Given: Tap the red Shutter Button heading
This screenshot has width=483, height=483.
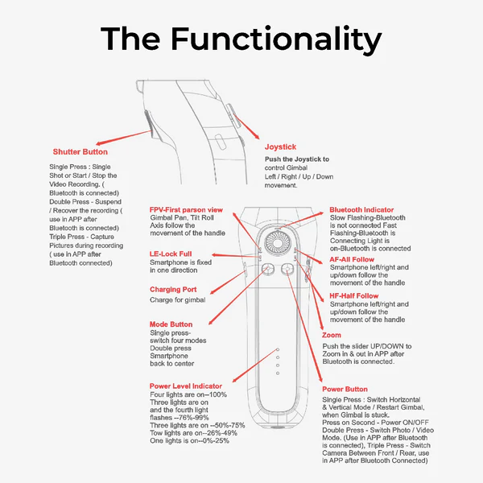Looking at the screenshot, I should pyautogui.click(x=80, y=151).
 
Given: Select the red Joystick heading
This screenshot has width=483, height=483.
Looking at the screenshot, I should pyautogui.click(x=282, y=147).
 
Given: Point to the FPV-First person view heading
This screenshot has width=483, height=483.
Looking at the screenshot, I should pyautogui.click(x=186, y=209).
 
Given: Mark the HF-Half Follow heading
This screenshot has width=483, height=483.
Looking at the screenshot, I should pyautogui.click(x=355, y=296).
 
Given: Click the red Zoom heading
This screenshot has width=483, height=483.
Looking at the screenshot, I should pyautogui.click(x=331, y=335).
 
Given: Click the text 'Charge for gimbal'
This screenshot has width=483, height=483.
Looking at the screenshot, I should pyautogui.click(x=177, y=299).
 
